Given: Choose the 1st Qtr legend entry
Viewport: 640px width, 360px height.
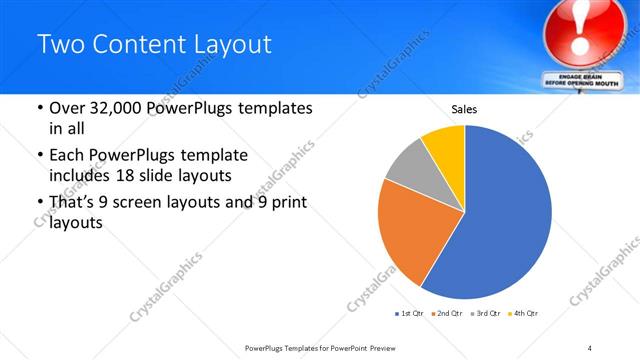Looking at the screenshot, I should (408, 314).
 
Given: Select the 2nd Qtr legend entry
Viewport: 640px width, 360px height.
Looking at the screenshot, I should (446, 314).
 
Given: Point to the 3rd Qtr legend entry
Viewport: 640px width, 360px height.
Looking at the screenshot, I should (485, 314).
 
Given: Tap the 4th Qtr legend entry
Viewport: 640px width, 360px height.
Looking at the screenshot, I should (523, 314).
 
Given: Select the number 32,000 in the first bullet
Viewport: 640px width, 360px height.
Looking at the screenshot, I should (112, 109).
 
